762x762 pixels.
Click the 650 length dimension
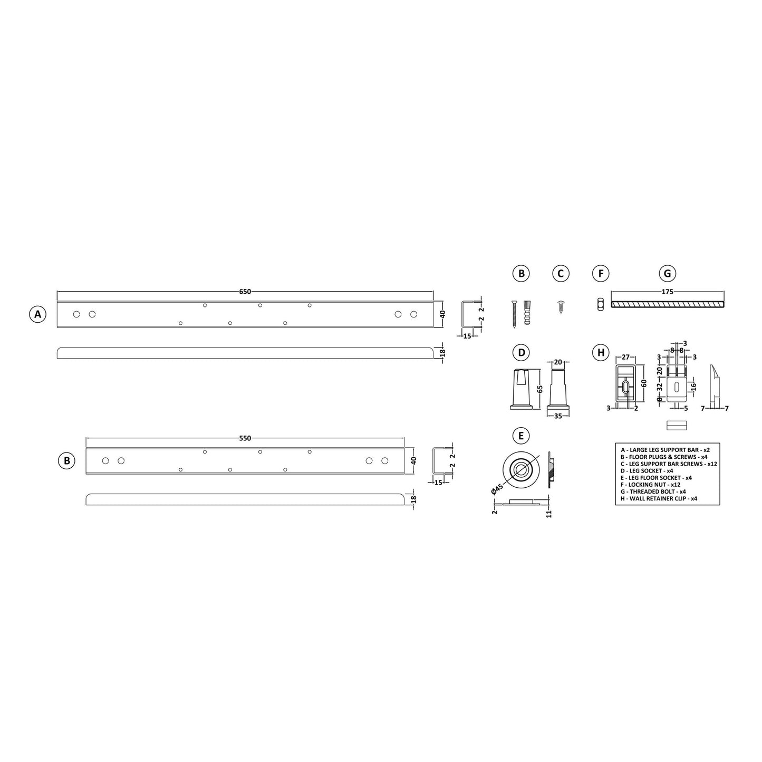pos(245,292)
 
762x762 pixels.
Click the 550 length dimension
pos(245,438)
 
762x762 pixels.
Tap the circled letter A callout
pos(37,315)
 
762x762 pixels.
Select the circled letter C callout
pos(561,274)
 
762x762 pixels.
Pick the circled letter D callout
pos(521,353)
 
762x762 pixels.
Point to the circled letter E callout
pos(521,436)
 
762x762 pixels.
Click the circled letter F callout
pos(600,274)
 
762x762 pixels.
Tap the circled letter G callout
pos(667,274)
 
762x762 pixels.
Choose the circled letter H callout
pos(600,353)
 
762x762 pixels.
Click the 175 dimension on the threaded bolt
pos(667,292)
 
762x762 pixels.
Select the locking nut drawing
pos(600,304)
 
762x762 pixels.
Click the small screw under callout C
pos(561,306)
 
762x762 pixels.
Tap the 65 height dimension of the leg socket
pos(539,389)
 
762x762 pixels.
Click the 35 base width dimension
pos(558,416)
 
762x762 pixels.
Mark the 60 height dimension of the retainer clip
pos(643,383)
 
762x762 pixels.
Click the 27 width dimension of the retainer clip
pos(626,358)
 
